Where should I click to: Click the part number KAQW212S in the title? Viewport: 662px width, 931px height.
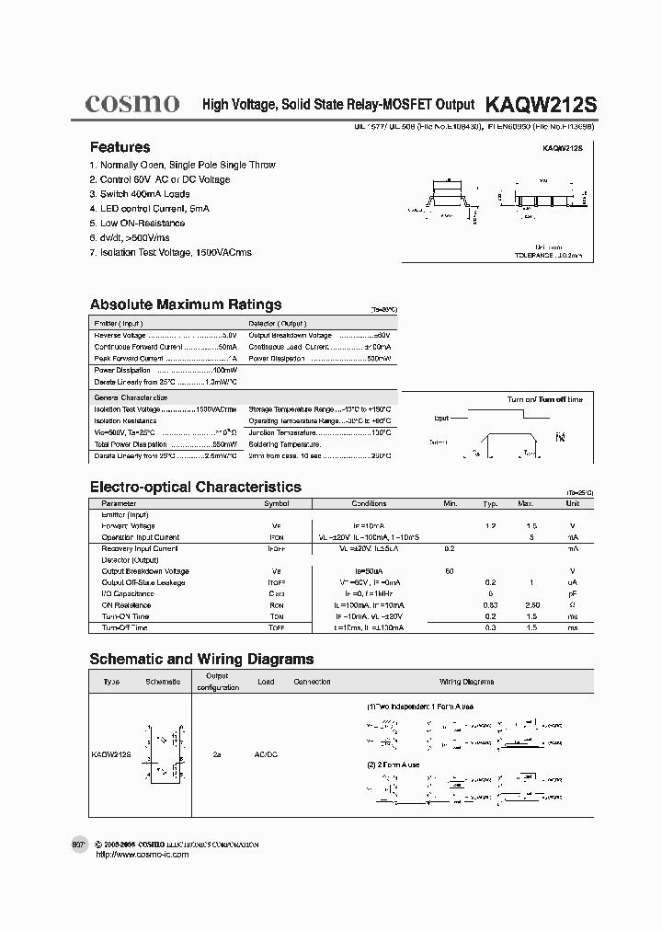(541, 105)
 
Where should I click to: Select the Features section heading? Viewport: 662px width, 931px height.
(120, 147)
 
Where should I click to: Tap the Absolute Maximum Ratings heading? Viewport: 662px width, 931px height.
(186, 305)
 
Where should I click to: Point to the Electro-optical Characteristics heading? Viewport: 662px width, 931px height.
(195, 487)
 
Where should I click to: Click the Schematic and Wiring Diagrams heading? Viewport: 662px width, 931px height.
(201, 659)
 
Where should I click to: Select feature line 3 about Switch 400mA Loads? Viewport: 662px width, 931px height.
(140, 194)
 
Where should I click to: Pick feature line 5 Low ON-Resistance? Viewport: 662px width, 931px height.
(137, 223)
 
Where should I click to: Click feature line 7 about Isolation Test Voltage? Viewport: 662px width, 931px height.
(170, 252)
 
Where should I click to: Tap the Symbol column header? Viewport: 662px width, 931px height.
(277, 504)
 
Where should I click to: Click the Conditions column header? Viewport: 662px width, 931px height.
(369, 504)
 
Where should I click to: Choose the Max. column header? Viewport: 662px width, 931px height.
(525, 504)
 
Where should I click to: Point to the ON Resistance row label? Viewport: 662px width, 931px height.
(126, 605)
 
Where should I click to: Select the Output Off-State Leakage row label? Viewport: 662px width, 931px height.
(143, 582)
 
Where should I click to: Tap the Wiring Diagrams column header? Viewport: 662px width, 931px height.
(466, 682)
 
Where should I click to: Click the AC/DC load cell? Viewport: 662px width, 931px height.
(265, 754)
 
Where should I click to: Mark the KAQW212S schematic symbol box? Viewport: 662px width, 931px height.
(165, 753)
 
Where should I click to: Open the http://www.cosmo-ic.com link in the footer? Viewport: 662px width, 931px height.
(143, 855)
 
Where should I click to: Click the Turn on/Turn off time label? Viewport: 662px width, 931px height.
(545, 399)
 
